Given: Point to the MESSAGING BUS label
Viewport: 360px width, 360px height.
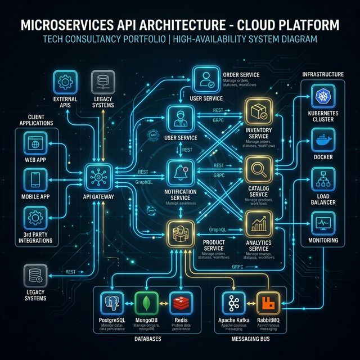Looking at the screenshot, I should [x=250, y=340].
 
